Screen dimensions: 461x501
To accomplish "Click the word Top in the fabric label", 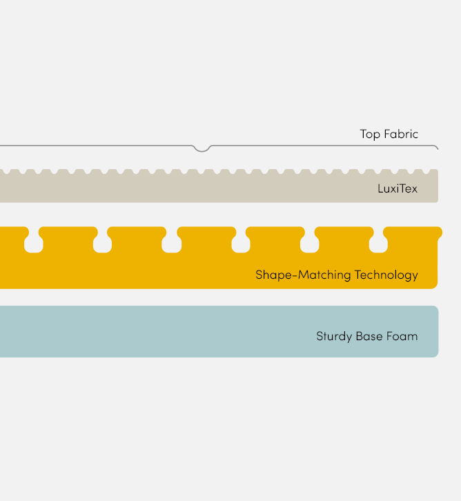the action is tap(370, 134).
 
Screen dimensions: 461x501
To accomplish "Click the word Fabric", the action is tap(401, 134).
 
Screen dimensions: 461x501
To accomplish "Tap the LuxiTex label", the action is tap(398, 188).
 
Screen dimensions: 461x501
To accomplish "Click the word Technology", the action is tap(386, 275).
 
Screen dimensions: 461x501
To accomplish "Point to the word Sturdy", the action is tap(334, 337).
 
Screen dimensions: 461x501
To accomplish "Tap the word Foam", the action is tap(402, 336).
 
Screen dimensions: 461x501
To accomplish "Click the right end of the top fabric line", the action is tap(438, 149).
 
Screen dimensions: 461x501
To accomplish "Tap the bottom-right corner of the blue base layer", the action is tap(438, 356).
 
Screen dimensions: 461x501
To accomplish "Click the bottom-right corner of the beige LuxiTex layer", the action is tap(438, 202).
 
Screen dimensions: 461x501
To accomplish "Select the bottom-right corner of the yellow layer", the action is tap(436, 288).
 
